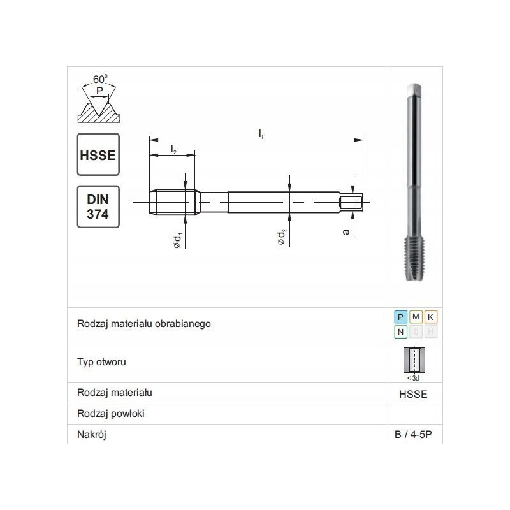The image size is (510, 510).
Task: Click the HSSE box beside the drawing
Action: pyautogui.click(x=98, y=154)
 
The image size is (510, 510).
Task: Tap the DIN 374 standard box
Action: pyautogui.click(x=98, y=207)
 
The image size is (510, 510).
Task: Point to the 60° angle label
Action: pyautogui.click(x=100, y=79)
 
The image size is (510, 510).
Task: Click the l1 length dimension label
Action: pyautogui.click(x=261, y=134)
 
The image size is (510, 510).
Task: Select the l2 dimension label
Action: pyautogui.click(x=173, y=149)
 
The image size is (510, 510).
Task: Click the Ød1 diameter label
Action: pyautogui.click(x=177, y=240)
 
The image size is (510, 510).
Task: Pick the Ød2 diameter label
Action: pyautogui.click(x=281, y=237)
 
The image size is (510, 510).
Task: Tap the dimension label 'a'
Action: pyautogui.click(x=346, y=231)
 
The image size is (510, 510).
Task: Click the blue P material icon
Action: pyautogui.click(x=400, y=317)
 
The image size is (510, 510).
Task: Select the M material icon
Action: pyautogui.click(x=416, y=317)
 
